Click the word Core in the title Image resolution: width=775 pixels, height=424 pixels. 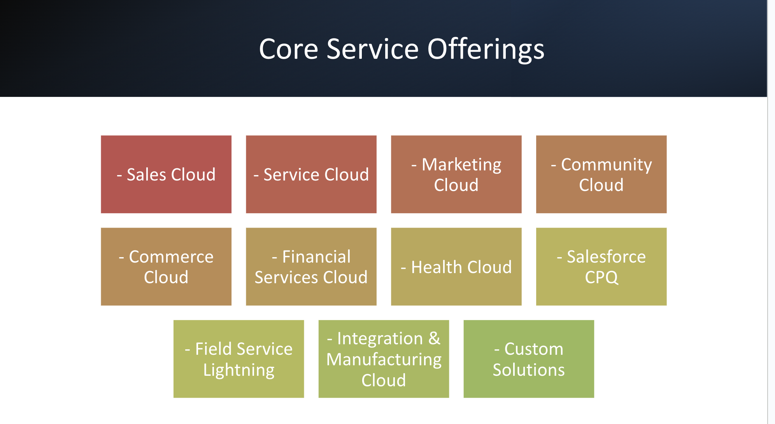point(289,49)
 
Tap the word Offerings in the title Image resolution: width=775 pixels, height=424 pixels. point(486,49)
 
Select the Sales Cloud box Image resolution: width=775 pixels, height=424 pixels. point(166,174)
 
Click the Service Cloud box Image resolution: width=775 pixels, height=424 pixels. point(311,174)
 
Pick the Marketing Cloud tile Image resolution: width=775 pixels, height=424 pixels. point(456,174)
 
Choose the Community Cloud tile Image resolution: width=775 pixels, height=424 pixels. point(601,174)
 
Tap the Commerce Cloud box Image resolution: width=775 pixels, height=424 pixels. point(166,266)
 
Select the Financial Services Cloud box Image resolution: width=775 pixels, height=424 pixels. point(311,266)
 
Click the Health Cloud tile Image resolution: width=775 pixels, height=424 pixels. point(456,266)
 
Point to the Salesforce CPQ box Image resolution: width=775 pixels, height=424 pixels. point(601,266)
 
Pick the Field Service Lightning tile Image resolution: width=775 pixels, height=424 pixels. point(239,359)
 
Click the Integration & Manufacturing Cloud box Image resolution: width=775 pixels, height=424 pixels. point(384,359)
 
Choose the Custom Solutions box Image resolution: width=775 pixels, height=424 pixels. point(529,359)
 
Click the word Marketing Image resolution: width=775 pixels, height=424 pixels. point(462,165)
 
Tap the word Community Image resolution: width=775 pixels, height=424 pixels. point(607,165)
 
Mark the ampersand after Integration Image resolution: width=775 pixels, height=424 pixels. point(435,338)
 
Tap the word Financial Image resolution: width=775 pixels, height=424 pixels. point(316,257)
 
